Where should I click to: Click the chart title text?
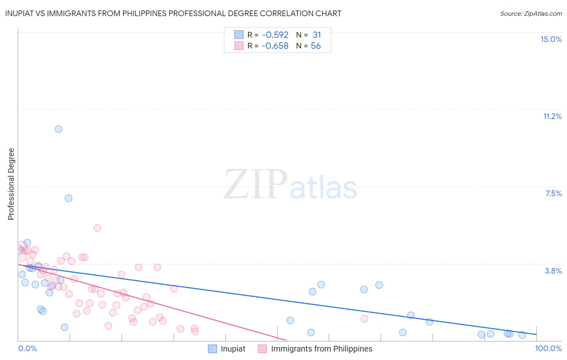[173, 13]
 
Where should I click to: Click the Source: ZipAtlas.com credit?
[531, 13]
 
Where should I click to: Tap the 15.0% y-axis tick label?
[551, 39]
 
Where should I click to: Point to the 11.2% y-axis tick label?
[552, 116]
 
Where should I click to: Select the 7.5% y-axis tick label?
[553, 193]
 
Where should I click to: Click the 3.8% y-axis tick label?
[553, 271]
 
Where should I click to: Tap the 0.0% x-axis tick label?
[27, 348]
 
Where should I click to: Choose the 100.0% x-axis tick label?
[548, 348]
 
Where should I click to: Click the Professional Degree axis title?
[11, 184]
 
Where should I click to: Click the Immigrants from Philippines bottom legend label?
[321, 349]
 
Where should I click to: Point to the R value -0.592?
[275, 35]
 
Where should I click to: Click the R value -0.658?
[275, 46]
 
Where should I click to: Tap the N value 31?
[317, 35]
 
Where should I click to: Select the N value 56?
[316, 46]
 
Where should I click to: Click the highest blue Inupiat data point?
[58, 129]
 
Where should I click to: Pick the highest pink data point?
[97, 228]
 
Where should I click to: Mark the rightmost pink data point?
[365, 319]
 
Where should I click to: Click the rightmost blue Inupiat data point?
[522, 335]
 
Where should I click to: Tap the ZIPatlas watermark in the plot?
[290, 185]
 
